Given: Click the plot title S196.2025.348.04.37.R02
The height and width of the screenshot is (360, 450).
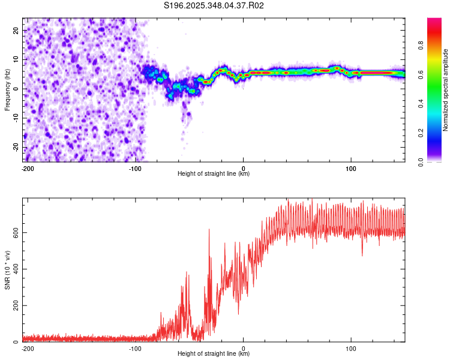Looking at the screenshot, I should (214, 6).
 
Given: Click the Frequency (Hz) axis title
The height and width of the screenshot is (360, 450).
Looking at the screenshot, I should (7, 89).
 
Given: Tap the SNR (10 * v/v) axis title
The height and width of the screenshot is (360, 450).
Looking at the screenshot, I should (7, 269).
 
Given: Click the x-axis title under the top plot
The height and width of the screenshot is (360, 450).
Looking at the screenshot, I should (214, 173).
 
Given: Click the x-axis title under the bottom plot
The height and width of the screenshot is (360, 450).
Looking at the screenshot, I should (214, 353).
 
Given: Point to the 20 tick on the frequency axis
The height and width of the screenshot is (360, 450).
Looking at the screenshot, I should (16, 30).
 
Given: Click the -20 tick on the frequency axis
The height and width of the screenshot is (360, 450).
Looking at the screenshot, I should (15, 148).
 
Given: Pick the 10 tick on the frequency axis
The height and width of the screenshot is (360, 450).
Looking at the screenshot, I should (16, 59).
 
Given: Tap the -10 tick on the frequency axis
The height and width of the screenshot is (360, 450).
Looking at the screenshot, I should (15, 118).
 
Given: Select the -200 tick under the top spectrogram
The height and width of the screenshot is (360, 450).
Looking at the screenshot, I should (27, 167).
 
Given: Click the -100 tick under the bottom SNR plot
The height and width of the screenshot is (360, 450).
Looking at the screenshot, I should (135, 347).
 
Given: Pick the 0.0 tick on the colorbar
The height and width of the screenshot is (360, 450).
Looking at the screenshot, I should (421, 161).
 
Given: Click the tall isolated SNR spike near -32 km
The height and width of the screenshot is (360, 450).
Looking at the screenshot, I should (209, 230).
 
